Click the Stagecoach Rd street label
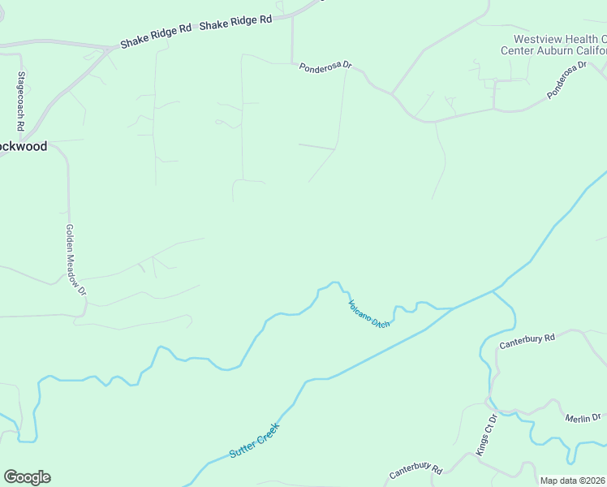(20, 101)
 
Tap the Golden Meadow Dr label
(75, 260)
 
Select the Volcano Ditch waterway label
(369, 314)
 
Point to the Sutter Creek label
(254, 439)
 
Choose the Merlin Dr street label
(583, 417)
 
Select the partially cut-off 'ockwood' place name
(24, 146)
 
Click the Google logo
(27, 477)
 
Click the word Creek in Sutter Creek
(267, 432)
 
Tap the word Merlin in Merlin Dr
(577, 417)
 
